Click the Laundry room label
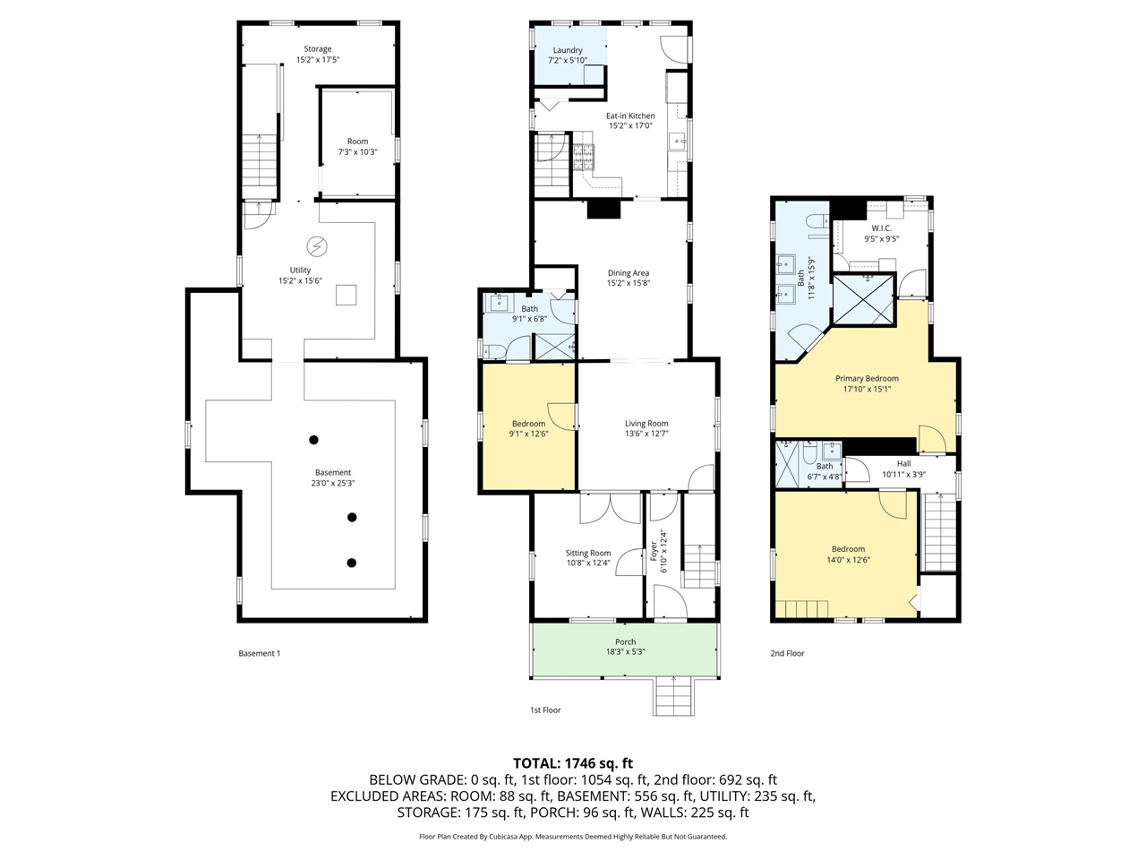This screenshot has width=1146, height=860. (x=567, y=50)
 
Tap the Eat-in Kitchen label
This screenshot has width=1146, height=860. (x=630, y=116)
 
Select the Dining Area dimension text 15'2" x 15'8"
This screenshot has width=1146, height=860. (x=629, y=283)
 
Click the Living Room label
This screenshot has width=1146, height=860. (x=646, y=424)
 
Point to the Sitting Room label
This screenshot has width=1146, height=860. (x=588, y=553)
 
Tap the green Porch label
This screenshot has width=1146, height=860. (x=625, y=641)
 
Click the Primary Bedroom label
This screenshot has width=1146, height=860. (x=867, y=379)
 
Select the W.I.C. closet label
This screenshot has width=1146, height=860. (x=881, y=228)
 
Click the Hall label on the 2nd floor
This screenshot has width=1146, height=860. (x=903, y=464)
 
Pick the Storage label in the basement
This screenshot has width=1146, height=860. (x=318, y=49)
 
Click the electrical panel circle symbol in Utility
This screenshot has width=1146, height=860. (x=316, y=246)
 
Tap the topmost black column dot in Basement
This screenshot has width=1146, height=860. (x=313, y=440)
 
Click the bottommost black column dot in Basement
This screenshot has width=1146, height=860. (x=351, y=563)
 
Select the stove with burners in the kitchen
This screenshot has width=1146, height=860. (x=584, y=157)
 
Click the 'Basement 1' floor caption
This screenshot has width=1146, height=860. (x=259, y=653)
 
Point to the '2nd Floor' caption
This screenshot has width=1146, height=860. (x=787, y=653)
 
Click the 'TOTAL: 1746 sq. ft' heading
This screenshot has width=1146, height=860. (x=573, y=763)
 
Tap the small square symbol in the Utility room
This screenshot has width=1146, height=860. (x=346, y=295)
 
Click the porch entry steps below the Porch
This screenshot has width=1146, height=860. (x=673, y=696)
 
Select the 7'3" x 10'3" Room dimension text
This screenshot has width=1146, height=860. (x=357, y=152)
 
